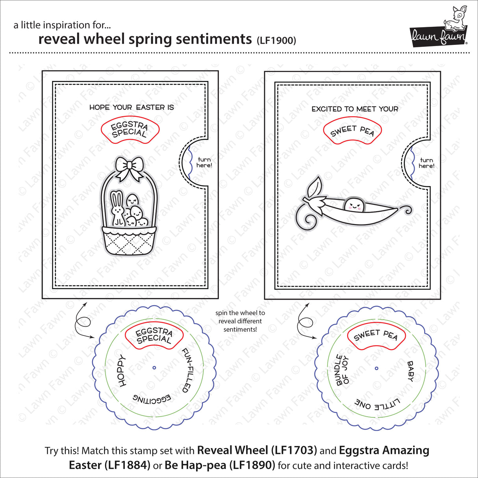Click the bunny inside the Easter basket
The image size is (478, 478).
pos(117,209)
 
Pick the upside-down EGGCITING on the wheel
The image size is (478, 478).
pos(152,398)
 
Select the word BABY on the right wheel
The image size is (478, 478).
pos(410,371)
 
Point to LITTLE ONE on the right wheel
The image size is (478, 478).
pos(377,403)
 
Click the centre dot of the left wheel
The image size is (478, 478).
pos(154,368)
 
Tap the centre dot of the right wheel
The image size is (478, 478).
pos(376,369)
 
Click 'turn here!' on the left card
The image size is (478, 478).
pos(204,163)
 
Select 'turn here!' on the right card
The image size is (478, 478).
pos(426,163)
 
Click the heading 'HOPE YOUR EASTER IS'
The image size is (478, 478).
pos(132,107)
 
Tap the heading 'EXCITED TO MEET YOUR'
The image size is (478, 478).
pos(355,109)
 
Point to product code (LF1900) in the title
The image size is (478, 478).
pos(276,40)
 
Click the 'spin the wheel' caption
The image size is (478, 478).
pos(240,321)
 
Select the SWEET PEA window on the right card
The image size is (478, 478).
pos(352,131)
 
